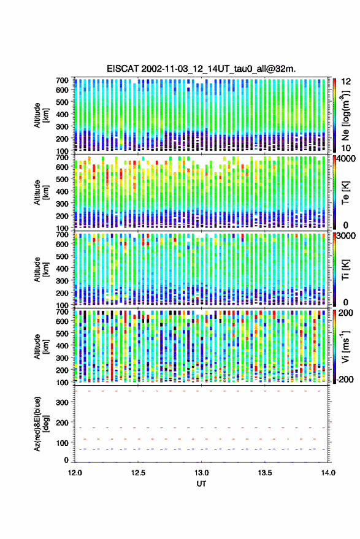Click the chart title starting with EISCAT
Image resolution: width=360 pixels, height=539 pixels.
[x=201, y=69]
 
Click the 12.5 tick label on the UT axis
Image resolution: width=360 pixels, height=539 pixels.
[x=138, y=473]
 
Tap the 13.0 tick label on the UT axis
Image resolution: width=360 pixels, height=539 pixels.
[x=202, y=473]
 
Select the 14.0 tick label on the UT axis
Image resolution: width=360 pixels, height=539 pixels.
[x=328, y=473]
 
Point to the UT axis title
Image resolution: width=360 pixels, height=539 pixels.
[x=202, y=484]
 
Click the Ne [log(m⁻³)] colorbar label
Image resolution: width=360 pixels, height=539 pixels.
[x=346, y=115]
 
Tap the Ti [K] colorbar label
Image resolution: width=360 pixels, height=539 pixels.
[x=345, y=270]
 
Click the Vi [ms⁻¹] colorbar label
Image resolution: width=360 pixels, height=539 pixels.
[x=345, y=346]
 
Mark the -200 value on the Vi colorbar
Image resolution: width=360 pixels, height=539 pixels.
[x=345, y=379]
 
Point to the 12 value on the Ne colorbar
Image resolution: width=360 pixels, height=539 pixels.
[x=347, y=81]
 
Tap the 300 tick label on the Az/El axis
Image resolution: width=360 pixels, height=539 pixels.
[x=62, y=402]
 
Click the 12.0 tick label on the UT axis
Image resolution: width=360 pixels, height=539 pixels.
[x=75, y=473]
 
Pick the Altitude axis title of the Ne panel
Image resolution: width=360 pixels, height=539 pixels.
[x=41, y=115]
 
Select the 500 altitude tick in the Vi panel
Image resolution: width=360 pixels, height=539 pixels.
[x=62, y=333]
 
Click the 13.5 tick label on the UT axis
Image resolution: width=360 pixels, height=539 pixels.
[x=265, y=473]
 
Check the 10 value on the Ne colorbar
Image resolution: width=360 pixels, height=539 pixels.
[x=347, y=148]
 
